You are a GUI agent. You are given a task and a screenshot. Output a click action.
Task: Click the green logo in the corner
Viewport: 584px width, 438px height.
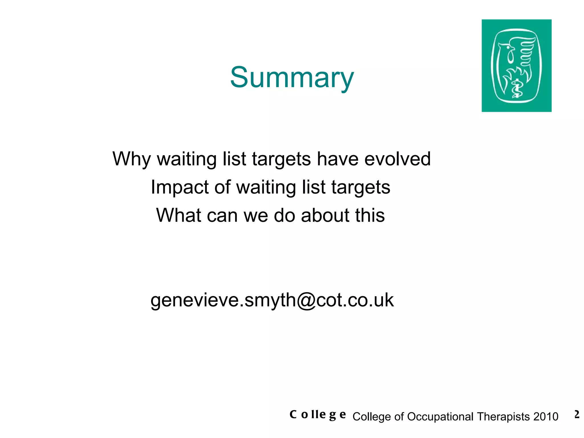point(516,66)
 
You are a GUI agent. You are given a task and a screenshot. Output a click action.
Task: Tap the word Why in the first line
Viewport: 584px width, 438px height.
point(131,159)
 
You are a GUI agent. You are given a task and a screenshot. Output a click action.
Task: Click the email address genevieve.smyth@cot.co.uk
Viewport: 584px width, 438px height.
point(272,300)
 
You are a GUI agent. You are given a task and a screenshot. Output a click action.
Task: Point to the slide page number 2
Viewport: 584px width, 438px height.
point(577,414)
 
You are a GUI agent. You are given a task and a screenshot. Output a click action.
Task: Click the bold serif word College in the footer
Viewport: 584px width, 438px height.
point(318,415)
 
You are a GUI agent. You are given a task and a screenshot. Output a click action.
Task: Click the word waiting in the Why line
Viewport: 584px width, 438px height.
point(187,159)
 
